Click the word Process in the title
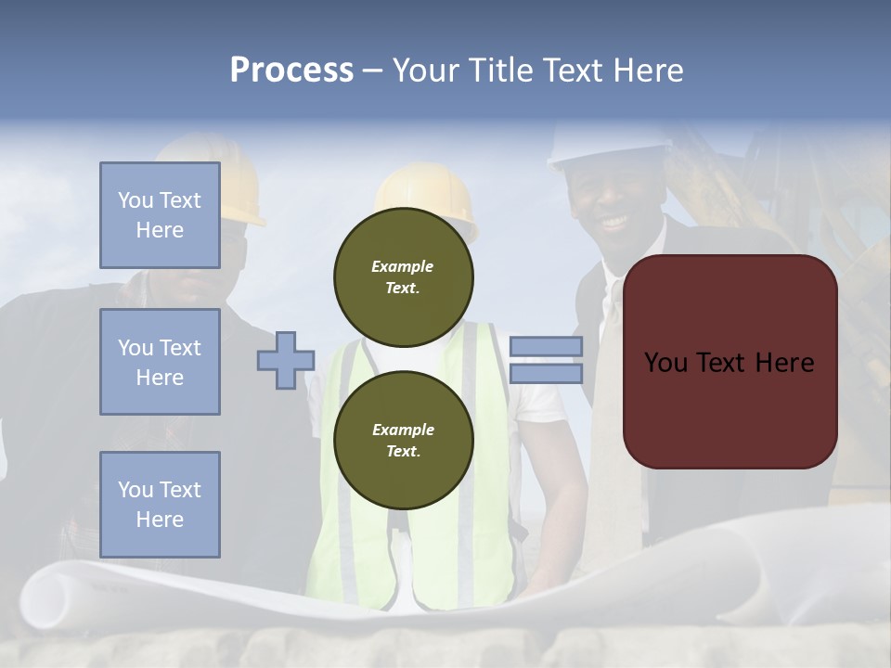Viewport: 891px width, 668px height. pos(291,71)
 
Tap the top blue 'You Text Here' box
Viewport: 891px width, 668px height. pos(160,215)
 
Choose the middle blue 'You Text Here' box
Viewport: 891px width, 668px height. pos(160,362)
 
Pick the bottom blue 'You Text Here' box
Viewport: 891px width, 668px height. pos(160,505)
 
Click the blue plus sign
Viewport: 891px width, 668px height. pos(286,360)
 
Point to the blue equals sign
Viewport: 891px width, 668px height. pos(546,360)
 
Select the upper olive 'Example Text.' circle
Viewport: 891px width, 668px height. pos(404,277)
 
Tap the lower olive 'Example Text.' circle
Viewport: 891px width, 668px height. pos(404,441)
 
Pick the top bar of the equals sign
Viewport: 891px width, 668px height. pos(546,347)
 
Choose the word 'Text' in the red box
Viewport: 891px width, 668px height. pos(730,363)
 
